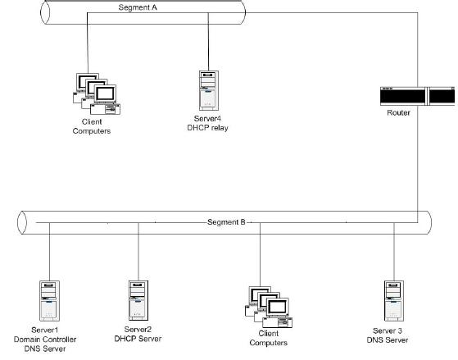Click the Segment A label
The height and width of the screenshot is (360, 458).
click(x=138, y=7)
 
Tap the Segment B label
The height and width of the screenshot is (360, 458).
click(x=226, y=222)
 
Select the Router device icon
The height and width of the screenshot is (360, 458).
click(x=417, y=96)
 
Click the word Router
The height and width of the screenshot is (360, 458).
click(x=398, y=112)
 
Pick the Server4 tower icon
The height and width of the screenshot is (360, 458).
click(x=209, y=90)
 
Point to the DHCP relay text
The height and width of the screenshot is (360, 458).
click(x=207, y=128)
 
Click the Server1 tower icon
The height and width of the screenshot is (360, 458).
click(x=49, y=301)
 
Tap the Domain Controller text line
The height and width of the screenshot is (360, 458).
click(x=45, y=339)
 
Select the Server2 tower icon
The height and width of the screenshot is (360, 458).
click(x=138, y=300)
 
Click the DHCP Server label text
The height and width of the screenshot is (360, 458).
click(x=138, y=339)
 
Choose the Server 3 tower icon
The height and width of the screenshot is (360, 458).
click(x=394, y=301)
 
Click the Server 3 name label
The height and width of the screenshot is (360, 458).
click(x=388, y=330)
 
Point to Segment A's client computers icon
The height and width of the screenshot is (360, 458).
click(x=97, y=93)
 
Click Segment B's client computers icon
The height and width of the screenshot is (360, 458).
click(x=269, y=307)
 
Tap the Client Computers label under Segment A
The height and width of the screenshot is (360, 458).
click(x=92, y=126)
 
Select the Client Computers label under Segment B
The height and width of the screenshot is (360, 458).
click(x=268, y=338)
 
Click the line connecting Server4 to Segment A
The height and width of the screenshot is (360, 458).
click(x=208, y=42)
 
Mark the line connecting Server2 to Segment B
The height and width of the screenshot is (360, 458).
click(x=138, y=252)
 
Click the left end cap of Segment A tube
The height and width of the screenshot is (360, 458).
click(x=45, y=12)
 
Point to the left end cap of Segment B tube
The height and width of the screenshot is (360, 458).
click(x=22, y=222)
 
